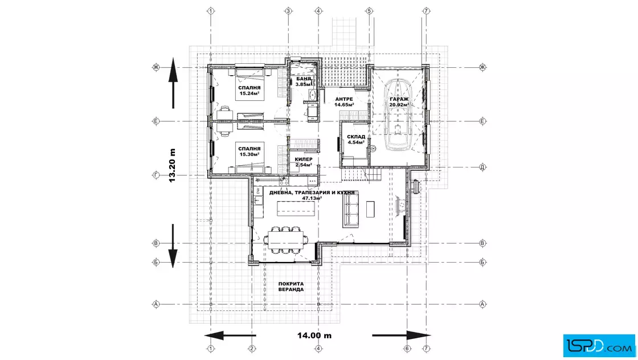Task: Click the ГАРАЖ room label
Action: coord(399,99)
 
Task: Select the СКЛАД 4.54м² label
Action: coord(356,140)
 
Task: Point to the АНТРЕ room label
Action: coord(344,99)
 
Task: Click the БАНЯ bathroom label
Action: coord(304,79)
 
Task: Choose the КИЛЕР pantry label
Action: coord(304,159)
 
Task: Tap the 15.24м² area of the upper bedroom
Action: coord(250,93)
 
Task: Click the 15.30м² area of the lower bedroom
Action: coord(250,154)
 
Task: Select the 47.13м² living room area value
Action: coord(312,198)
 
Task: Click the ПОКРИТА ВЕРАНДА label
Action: coord(291,287)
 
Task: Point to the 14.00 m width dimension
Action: coord(314,336)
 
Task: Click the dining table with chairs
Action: coord(285,240)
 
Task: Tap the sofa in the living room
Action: coord(350,210)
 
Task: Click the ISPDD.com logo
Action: coord(599,346)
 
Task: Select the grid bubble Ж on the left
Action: coord(156,67)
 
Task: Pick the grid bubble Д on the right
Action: coord(482,167)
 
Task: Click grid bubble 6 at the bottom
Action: coord(407,349)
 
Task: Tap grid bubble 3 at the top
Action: coord(288,11)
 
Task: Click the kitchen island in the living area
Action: coord(296,208)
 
